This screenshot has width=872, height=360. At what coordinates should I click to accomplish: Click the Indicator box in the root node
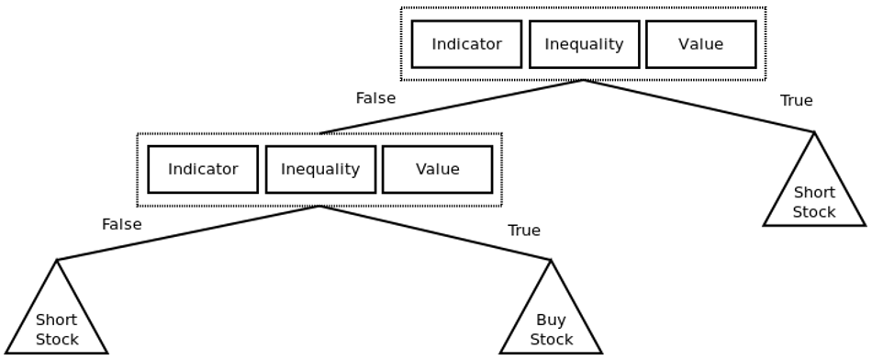pos(466,44)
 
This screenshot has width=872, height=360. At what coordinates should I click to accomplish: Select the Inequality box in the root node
pos(584,44)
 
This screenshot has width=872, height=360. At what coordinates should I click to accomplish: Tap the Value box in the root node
pos(700,44)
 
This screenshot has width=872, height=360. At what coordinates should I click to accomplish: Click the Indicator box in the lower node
pos(203,169)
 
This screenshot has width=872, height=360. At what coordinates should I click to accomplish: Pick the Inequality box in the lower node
pos(320,169)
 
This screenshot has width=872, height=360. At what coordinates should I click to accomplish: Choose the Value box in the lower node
pos(437,169)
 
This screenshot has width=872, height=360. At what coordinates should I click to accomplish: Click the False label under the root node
pos(375,98)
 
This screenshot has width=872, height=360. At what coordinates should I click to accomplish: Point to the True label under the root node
pos(797,101)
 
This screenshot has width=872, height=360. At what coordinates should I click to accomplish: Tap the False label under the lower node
pos(122,224)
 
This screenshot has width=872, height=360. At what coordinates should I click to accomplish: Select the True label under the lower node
pos(524,231)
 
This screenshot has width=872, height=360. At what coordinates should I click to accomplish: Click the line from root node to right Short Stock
pos(699,107)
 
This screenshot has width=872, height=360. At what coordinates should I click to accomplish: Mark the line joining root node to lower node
pos(452,107)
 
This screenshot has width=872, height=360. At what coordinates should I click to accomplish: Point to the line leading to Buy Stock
pos(435,232)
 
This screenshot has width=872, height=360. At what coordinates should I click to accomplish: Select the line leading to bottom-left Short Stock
pos(188,232)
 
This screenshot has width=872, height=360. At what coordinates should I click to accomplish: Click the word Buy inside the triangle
pos(551,320)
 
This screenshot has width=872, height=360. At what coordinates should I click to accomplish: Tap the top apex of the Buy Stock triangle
pos(551,260)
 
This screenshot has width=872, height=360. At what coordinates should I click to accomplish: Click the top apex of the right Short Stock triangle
pos(814,132)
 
